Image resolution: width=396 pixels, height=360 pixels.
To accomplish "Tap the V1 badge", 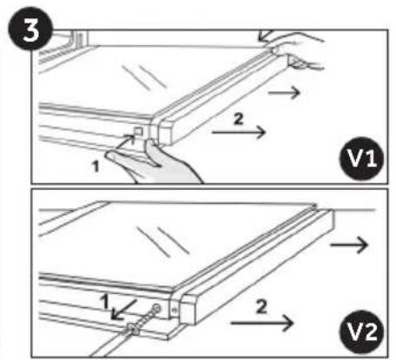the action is pyautogui.click(x=362, y=158).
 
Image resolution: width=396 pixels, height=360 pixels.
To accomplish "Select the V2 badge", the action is pyautogui.click(x=362, y=331).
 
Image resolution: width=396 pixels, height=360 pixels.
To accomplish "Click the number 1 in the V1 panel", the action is pyautogui.click(x=96, y=167).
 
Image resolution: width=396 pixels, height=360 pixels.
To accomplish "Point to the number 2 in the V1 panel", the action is pyautogui.click(x=238, y=119).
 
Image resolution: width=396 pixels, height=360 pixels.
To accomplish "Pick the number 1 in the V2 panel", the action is pyautogui.click(x=104, y=301).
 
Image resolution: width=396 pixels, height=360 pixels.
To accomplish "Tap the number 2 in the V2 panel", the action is pyautogui.click(x=261, y=306).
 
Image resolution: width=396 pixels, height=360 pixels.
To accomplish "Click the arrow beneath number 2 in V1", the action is pyautogui.click(x=239, y=132).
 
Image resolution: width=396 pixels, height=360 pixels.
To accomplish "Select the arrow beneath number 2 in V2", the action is pyautogui.click(x=262, y=323).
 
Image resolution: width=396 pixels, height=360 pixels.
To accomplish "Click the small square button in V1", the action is pyautogui.click(x=138, y=131).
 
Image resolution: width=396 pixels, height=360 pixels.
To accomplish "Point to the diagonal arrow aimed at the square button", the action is pyautogui.click(x=125, y=143).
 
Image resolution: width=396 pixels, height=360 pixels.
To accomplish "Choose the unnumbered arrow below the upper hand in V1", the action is pyautogui.click(x=284, y=93).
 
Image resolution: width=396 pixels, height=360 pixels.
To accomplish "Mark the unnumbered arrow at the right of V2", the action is pyautogui.click(x=349, y=245).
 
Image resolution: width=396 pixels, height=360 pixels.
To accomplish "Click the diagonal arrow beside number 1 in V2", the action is pyautogui.click(x=123, y=310).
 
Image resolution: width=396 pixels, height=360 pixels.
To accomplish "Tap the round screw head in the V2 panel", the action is pyautogui.click(x=156, y=308).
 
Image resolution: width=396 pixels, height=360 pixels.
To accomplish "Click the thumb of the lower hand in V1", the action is pyautogui.click(x=153, y=153).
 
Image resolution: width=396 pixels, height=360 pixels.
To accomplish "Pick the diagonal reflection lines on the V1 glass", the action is pyautogui.click(x=144, y=77).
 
